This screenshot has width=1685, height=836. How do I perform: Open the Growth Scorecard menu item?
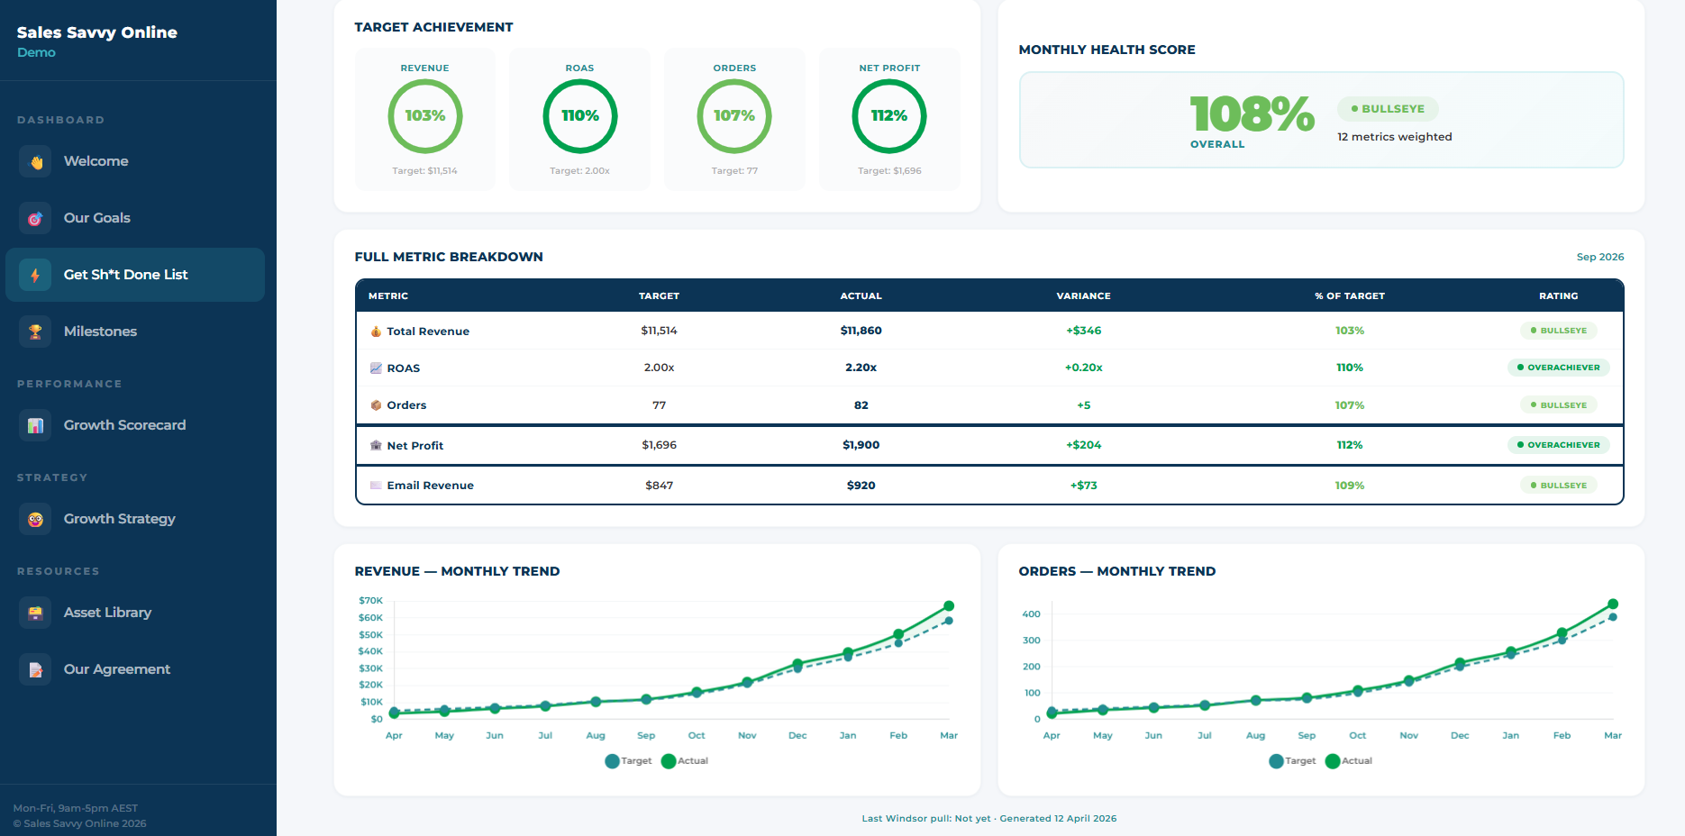point(124,425)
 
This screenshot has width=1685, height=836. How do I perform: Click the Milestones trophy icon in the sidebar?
point(35,332)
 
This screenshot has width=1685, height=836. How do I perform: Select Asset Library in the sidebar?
point(107,613)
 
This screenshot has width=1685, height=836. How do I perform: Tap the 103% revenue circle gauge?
point(425,116)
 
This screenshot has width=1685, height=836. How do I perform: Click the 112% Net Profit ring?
point(889,116)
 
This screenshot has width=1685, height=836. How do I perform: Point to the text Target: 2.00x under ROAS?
point(579,171)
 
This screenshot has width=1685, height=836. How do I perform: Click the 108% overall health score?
point(1252,114)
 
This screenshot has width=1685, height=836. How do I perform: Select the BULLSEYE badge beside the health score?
point(1388,109)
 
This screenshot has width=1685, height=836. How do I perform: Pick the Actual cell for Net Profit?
point(861,445)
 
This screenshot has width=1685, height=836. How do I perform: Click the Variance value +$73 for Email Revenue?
point(1083,486)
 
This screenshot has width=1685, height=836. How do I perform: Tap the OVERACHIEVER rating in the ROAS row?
point(1558,368)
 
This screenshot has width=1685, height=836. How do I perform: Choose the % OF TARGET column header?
point(1349,296)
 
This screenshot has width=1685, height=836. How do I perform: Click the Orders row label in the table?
point(406,405)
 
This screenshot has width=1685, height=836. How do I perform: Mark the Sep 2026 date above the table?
point(1599,258)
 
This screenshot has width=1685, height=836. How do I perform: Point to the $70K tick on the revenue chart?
point(370,601)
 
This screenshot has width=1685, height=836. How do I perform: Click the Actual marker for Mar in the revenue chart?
point(949,606)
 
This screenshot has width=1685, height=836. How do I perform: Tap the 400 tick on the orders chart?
point(1031,614)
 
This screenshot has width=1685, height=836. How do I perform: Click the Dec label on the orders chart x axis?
point(1460,736)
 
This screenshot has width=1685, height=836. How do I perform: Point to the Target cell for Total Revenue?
point(659,331)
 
